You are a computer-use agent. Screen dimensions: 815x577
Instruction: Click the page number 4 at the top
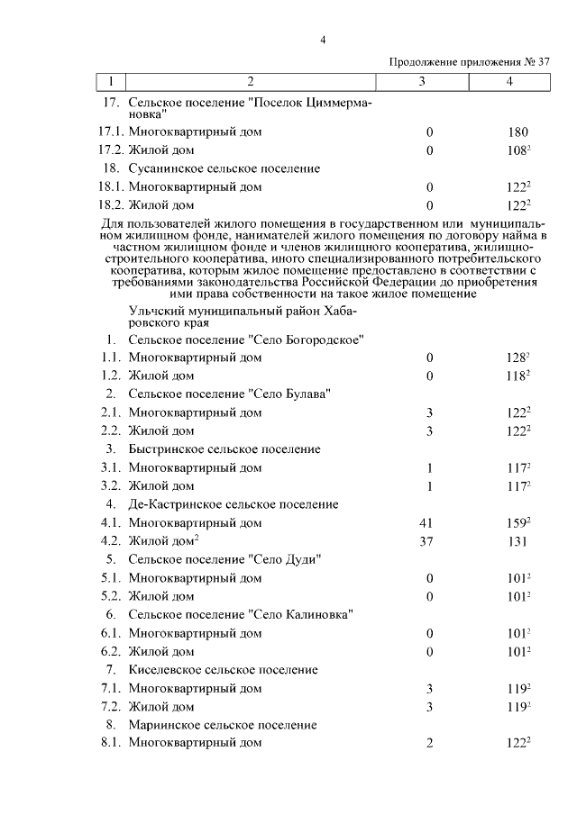pyautogui.click(x=322, y=40)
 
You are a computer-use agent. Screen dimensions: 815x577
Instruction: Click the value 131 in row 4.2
pyautogui.click(x=517, y=541)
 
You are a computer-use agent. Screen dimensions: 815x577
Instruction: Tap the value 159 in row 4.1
pyautogui.click(x=516, y=522)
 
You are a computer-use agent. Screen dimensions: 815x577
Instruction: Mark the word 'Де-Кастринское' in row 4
pyautogui.click(x=171, y=504)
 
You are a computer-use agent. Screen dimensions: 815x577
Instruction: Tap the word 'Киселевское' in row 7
pyautogui.click(x=164, y=669)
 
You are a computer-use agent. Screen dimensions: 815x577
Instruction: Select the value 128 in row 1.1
pyautogui.click(x=516, y=358)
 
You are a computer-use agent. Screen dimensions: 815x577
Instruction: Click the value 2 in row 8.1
pyautogui.click(x=430, y=743)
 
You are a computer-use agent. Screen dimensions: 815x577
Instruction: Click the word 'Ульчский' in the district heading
pyautogui.click(x=157, y=310)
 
